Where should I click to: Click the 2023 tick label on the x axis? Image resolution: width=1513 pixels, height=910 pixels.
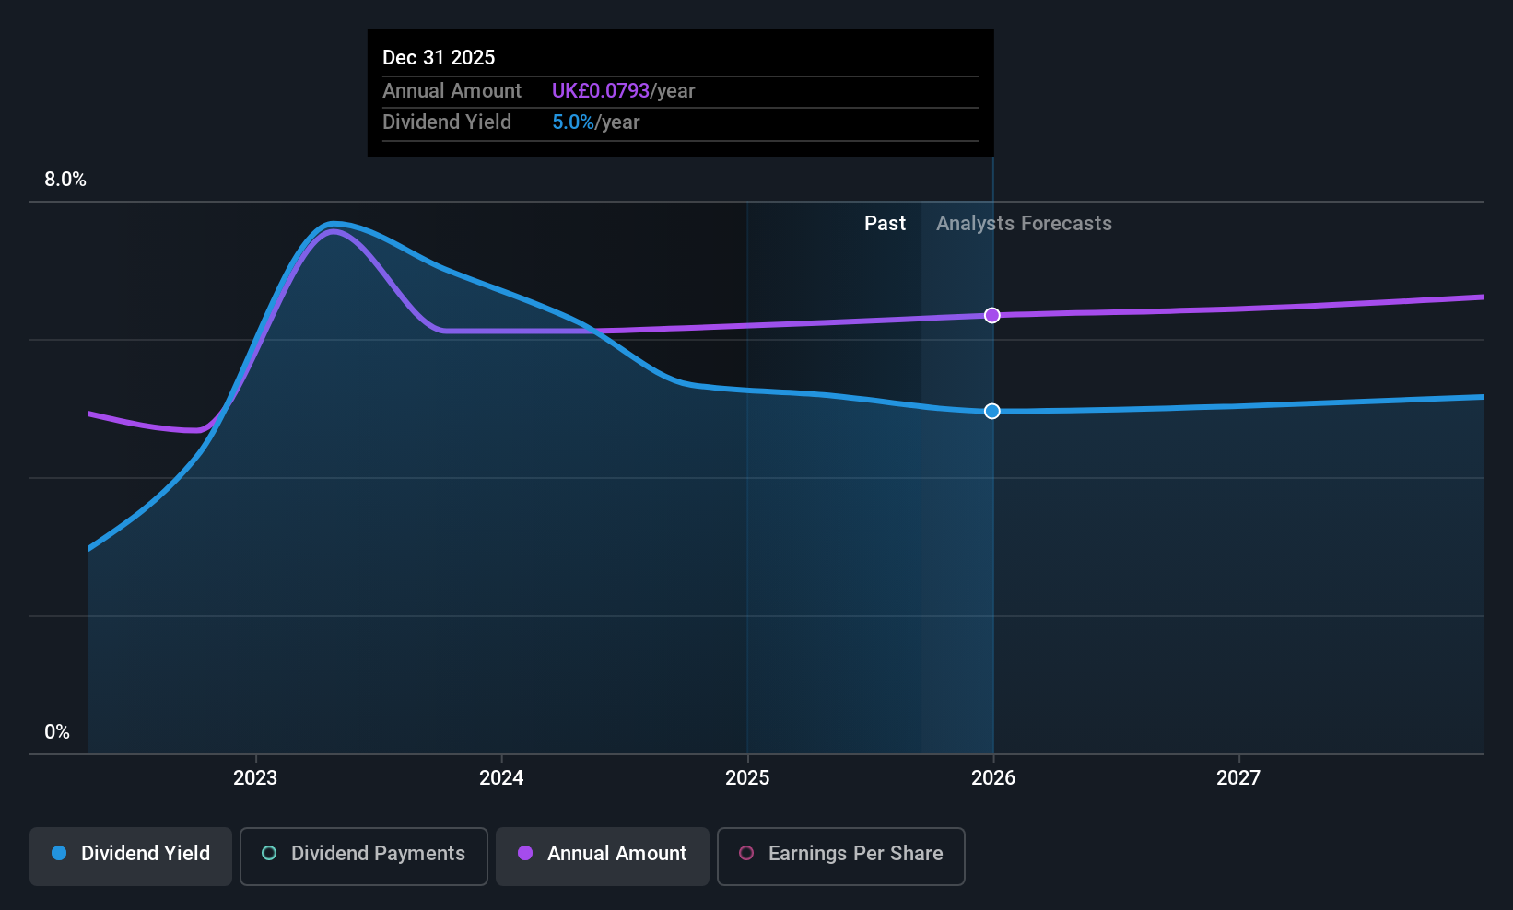pyautogui.click(x=255, y=778)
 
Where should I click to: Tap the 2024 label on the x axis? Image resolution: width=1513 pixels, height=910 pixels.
pyautogui.click(x=501, y=778)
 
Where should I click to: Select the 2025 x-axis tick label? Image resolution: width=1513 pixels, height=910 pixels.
pyautogui.click(x=747, y=778)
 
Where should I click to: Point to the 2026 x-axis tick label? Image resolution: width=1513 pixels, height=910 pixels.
pyautogui.click(x=993, y=778)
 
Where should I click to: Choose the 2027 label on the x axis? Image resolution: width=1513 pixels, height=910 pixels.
pyautogui.click(x=1238, y=778)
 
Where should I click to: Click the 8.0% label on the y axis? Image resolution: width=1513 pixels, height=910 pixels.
pyautogui.click(x=65, y=180)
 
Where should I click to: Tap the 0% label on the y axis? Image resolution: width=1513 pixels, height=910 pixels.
pyautogui.click(x=57, y=732)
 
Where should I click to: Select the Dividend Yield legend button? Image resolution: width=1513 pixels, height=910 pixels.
pyautogui.click(x=131, y=854)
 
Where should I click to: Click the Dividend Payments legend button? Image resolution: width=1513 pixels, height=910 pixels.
pyautogui.click(x=363, y=854)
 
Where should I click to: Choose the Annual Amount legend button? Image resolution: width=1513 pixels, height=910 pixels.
pyautogui.click(x=603, y=854)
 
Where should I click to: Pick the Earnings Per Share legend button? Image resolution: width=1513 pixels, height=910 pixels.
pyautogui.click(x=840, y=854)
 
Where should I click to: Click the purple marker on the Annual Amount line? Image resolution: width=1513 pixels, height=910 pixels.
pyautogui.click(x=992, y=316)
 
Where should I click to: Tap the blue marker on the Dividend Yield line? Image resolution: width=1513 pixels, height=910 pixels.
pyautogui.click(x=992, y=412)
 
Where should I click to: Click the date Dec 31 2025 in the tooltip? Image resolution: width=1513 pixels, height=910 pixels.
pyautogui.click(x=439, y=58)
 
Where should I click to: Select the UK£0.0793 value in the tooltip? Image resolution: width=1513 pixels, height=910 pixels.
pyautogui.click(x=601, y=91)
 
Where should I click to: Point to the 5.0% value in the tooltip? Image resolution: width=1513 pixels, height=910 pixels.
pyautogui.click(x=573, y=122)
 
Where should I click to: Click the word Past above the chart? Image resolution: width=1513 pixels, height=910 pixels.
pyautogui.click(x=885, y=224)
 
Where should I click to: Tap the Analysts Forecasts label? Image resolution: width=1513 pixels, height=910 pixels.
pyautogui.click(x=1024, y=224)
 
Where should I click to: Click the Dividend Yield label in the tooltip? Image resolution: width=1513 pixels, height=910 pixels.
pyautogui.click(x=447, y=122)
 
